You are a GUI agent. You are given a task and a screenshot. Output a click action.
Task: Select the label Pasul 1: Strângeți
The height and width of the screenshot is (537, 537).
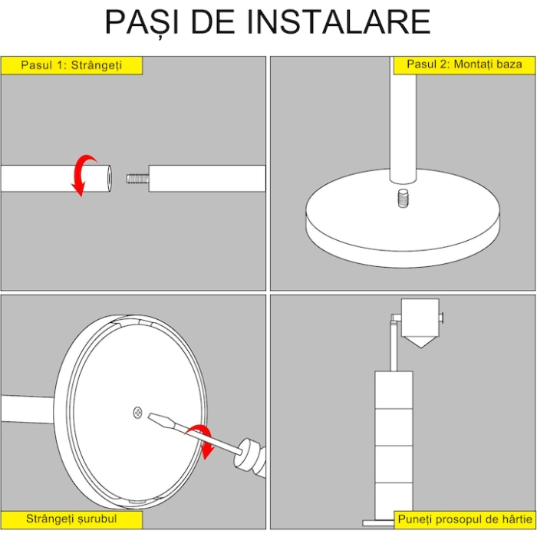click(71, 65)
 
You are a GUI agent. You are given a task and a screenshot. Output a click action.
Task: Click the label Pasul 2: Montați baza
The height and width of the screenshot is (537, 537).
click(464, 65)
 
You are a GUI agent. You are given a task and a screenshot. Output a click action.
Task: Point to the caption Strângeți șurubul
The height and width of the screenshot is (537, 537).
click(71, 519)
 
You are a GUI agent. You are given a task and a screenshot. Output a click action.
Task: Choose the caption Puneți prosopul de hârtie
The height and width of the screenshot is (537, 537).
click(464, 520)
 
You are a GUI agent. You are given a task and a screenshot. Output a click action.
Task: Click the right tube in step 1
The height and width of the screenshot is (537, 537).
click(207, 178)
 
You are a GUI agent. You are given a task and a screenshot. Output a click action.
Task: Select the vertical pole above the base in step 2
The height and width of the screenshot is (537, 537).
click(404, 123)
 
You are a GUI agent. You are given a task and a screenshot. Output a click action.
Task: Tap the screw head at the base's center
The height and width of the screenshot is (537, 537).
click(137, 413)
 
